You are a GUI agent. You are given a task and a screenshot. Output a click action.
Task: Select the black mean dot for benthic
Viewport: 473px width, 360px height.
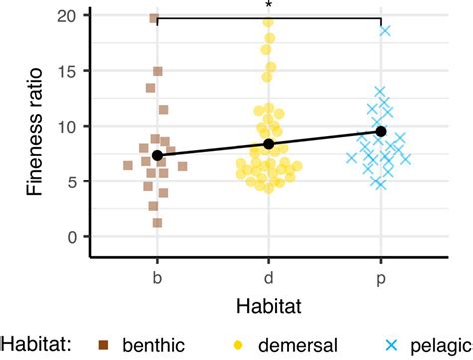[157, 155]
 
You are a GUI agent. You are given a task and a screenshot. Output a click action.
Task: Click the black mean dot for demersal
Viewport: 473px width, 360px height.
[268, 144]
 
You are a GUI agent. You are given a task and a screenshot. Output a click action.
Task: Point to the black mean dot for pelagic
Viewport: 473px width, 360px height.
[381, 131]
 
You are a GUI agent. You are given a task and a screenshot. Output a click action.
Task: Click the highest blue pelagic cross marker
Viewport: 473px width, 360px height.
[385, 31]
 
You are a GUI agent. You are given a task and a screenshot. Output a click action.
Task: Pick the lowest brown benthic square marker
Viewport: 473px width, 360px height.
[158, 222]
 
